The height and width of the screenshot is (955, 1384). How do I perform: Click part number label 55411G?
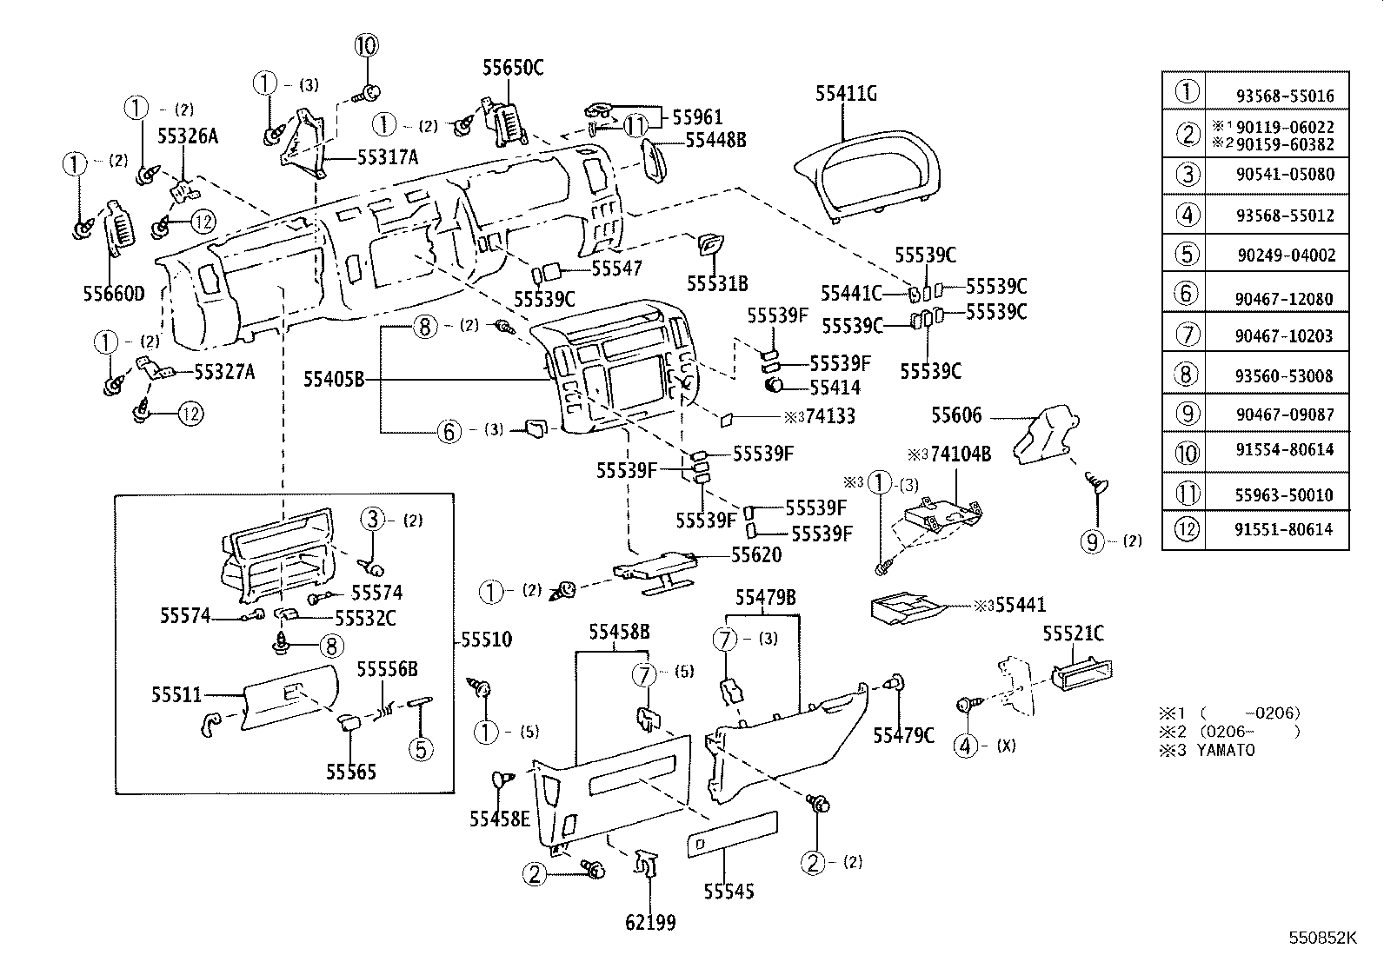point(846,94)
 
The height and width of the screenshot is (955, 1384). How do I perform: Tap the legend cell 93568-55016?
point(1284,96)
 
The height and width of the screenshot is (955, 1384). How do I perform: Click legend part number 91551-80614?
point(1284,529)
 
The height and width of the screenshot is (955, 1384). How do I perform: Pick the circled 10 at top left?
point(367,45)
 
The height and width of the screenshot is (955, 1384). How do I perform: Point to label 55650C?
point(513,68)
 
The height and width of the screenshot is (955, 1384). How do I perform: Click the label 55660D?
point(114,293)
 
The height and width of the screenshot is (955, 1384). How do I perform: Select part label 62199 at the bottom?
point(650,922)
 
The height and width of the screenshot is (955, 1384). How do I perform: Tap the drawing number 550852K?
point(1322,938)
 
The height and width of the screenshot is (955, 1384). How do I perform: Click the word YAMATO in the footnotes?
point(1225,750)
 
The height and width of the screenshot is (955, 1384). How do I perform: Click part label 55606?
point(956,415)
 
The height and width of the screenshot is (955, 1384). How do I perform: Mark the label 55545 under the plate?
point(729,892)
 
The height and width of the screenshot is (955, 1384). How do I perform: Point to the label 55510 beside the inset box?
point(486,640)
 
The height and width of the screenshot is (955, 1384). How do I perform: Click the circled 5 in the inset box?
point(421,748)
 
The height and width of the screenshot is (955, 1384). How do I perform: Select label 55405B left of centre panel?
point(333,379)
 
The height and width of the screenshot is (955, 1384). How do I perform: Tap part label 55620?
point(755,554)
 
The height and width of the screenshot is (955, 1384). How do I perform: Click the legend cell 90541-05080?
point(1284,174)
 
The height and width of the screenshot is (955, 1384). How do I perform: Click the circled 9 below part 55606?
point(1091,541)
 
